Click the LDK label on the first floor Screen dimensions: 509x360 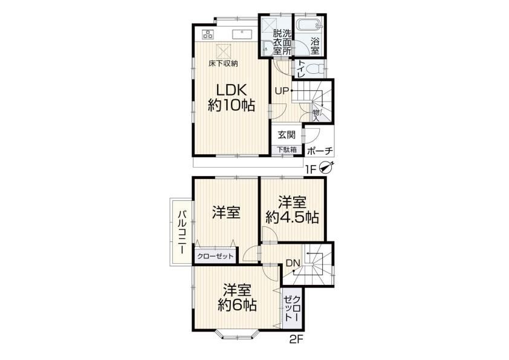coord(231,90)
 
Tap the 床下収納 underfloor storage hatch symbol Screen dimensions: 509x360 coord(223,51)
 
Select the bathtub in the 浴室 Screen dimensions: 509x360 coord(310,25)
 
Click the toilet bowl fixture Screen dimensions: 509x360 coord(314,69)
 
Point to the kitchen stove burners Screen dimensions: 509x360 coord(207,34)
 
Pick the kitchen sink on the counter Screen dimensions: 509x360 coord(242,34)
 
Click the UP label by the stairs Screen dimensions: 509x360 coord(282,91)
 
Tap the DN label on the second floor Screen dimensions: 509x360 coord(293,263)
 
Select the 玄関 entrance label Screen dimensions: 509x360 coord(287,134)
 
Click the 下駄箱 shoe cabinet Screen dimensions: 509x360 coord(287,150)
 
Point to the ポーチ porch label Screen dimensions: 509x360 coord(320,151)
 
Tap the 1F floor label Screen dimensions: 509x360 coord(310,169)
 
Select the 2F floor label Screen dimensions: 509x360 coord(296,340)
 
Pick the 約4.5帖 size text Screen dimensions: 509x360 coord(292,217)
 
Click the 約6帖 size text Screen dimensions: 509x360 coord(237,305)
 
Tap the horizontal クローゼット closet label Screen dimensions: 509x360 coord(215,257)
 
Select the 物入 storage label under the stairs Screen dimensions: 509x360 coord(316,116)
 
